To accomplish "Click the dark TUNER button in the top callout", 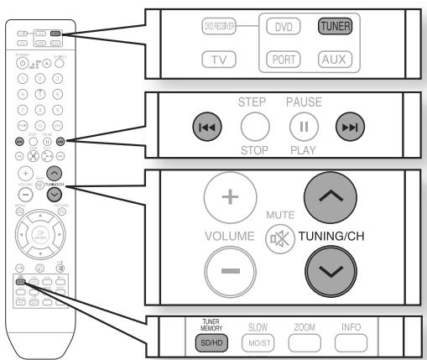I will pos(333,26).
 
